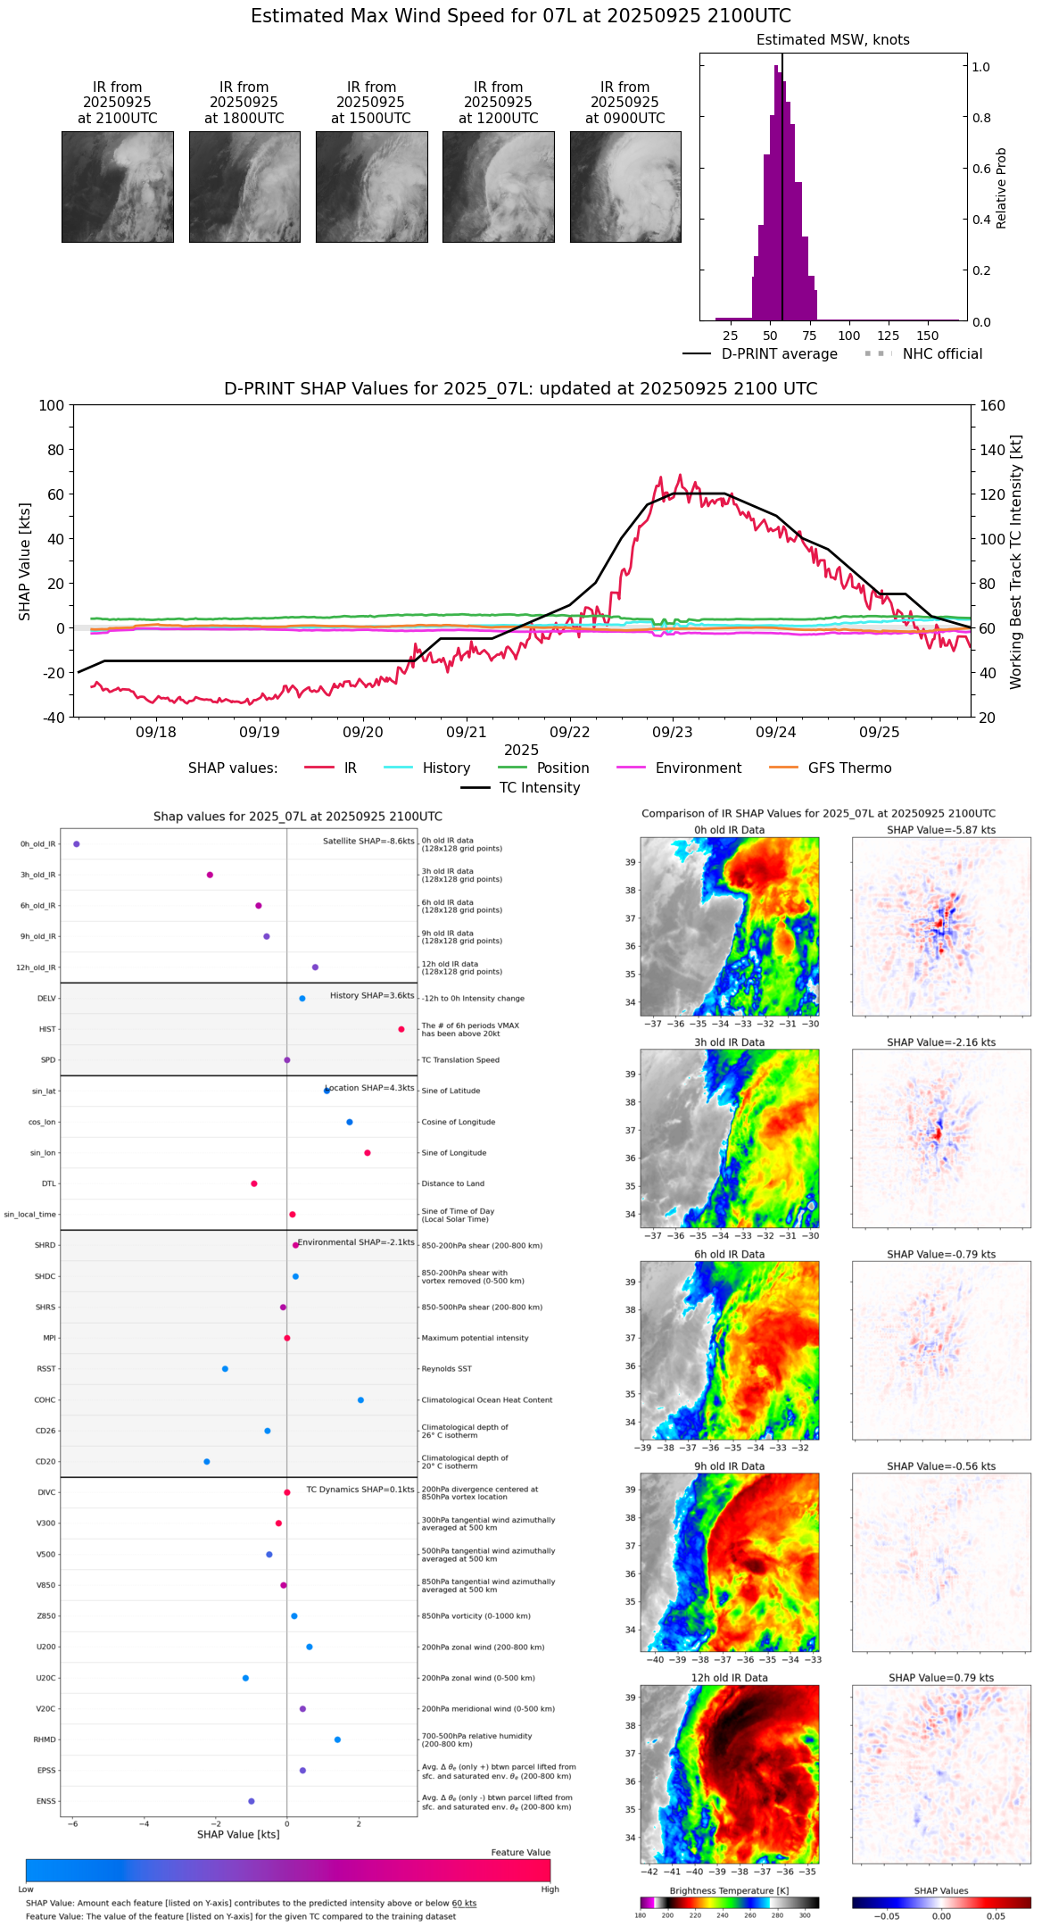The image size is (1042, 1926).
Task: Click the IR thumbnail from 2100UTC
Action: pyautogui.click(x=117, y=187)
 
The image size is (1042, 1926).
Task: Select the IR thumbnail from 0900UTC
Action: pyautogui.click(x=625, y=187)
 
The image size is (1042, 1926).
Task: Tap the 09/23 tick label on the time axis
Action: pyautogui.click(x=673, y=732)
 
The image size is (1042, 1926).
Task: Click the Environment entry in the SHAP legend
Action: pyautogui.click(x=698, y=768)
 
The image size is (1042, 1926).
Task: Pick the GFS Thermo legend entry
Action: pyautogui.click(x=849, y=768)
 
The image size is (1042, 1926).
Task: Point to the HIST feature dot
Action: pyautogui.click(x=401, y=1029)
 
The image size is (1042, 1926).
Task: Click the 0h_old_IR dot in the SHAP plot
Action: pyautogui.click(x=77, y=843)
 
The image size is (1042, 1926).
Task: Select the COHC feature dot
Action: pyautogui.click(x=360, y=1399)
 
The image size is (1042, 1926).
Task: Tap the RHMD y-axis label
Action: pyautogui.click(x=45, y=1739)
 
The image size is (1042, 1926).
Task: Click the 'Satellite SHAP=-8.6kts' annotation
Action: pyautogui.click(x=368, y=841)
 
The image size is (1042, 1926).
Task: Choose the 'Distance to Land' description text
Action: pyautogui.click(x=452, y=1183)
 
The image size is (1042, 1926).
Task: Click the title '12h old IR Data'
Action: pyautogui.click(x=729, y=1678)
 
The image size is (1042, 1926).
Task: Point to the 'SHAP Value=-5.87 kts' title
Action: pyautogui.click(x=941, y=830)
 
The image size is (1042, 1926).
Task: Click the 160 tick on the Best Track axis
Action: pyautogui.click(x=992, y=405)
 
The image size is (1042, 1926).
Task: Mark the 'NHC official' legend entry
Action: pyautogui.click(x=942, y=354)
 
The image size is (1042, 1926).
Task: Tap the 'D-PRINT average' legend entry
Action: pyautogui.click(x=779, y=354)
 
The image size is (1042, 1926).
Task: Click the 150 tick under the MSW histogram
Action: pyautogui.click(x=928, y=336)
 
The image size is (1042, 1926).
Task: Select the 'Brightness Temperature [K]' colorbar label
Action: pyautogui.click(x=729, y=1890)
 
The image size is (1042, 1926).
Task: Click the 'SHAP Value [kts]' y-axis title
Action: pyautogui.click(x=25, y=561)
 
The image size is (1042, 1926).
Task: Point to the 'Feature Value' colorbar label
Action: pyautogui.click(x=520, y=1852)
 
